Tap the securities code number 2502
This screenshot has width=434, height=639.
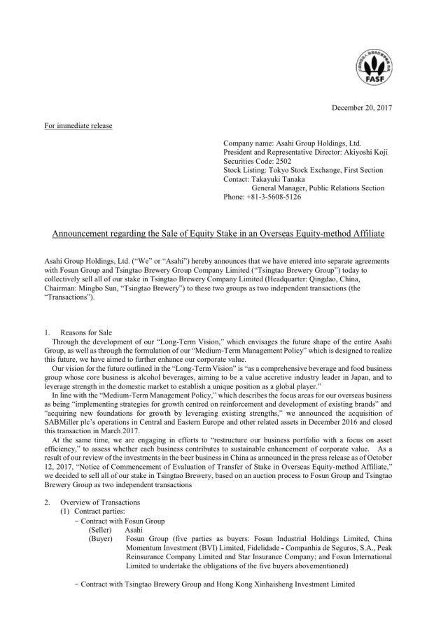tap(275, 160)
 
